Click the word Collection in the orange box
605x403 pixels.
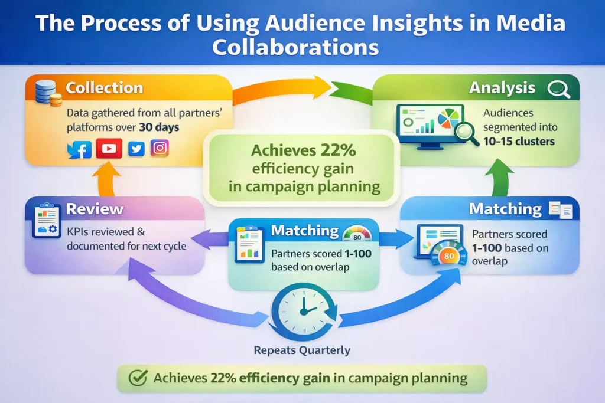pyautogui.click(x=104, y=89)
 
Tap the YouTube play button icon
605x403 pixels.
pyautogui.click(x=109, y=149)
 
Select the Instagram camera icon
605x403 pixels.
pyautogui.click(x=160, y=148)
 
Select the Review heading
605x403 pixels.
pyautogui.click(x=95, y=209)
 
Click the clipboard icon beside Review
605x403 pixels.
pyautogui.click(x=47, y=221)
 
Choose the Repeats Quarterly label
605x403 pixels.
pyautogui.click(x=302, y=350)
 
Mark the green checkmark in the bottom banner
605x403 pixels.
pyautogui.click(x=137, y=378)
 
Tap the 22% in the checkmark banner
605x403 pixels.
pyautogui.click(x=223, y=378)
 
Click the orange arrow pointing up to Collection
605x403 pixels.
pyautogui.click(x=109, y=180)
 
